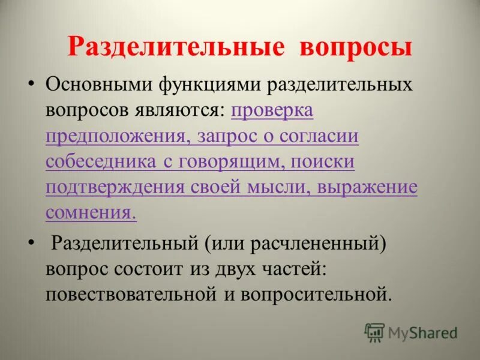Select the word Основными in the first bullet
(x=98, y=85)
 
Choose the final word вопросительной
(x=313, y=294)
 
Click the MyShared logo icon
(x=374, y=332)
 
